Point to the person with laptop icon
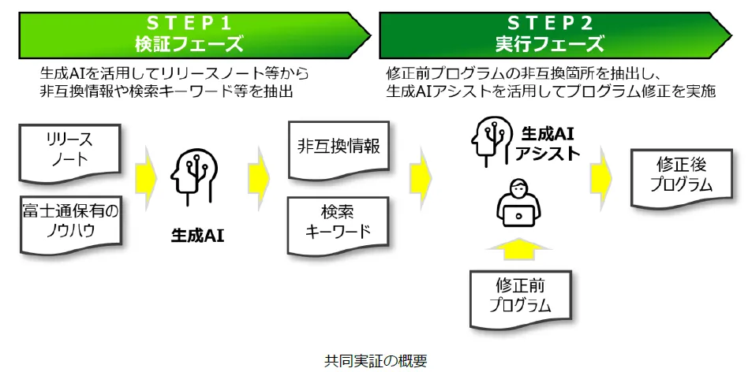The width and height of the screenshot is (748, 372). click(x=519, y=203)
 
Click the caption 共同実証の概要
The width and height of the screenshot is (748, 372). click(x=375, y=361)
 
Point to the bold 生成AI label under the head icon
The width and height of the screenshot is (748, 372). click(x=197, y=234)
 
